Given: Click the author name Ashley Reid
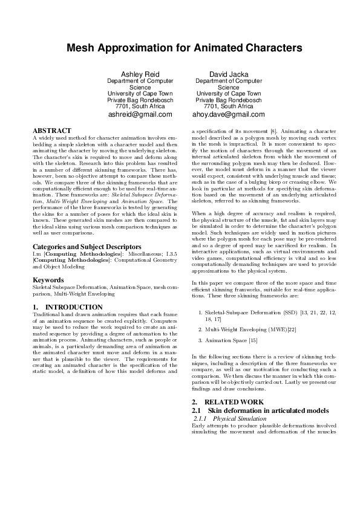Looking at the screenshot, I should (x=140, y=74).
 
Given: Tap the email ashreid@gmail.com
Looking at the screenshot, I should (x=140, y=114).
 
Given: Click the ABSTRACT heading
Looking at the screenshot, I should (x=51, y=131).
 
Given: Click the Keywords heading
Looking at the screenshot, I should (x=48, y=280).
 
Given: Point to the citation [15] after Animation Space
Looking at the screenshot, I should (x=253, y=341).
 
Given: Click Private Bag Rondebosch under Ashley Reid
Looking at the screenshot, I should (x=140, y=100).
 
